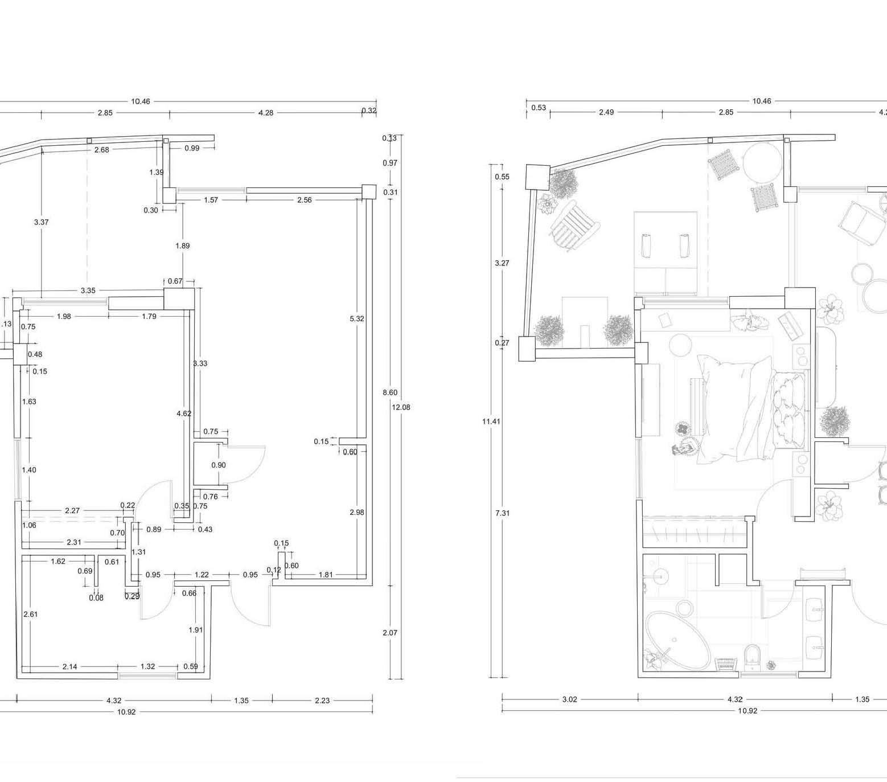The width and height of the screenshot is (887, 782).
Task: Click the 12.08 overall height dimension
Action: click(x=401, y=407)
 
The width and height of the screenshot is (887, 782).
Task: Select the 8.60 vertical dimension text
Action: click(x=390, y=392)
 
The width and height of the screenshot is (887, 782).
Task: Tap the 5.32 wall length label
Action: click(x=357, y=318)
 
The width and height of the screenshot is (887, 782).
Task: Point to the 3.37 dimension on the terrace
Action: click(x=41, y=222)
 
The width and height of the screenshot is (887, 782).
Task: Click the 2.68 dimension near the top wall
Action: click(x=101, y=150)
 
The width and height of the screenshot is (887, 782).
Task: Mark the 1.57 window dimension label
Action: click(x=211, y=200)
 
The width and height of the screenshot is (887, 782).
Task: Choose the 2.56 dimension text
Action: click(x=305, y=200)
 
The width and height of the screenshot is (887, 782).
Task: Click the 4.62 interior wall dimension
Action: click(x=184, y=413)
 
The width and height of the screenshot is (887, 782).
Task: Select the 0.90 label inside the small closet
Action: click(x=219, y=465)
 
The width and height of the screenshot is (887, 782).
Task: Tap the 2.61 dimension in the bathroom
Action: click(x=30, y=614)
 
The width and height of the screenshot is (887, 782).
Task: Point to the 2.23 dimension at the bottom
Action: click(x=322, y=700)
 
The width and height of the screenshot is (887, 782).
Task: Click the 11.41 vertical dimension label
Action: click(x=491, y=421)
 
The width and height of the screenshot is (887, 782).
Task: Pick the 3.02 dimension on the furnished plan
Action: click(x=569, y=699)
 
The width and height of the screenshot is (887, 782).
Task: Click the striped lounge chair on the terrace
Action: click(x=575, y=227)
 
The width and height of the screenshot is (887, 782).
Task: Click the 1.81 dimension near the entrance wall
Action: click(x=326, y=575)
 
